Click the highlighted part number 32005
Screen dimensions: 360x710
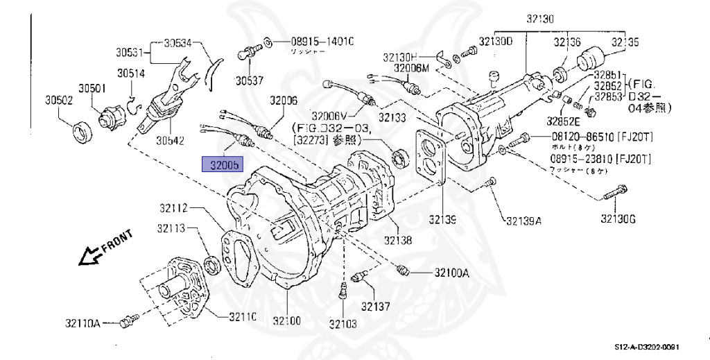tap(220, 165)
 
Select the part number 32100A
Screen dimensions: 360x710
tap(452, 273)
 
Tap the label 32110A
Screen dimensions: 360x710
tap(83, 323)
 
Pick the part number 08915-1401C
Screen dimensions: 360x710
tap(322, 42)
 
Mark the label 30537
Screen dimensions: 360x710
tap(249, 80)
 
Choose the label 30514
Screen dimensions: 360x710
tap(130, 73)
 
